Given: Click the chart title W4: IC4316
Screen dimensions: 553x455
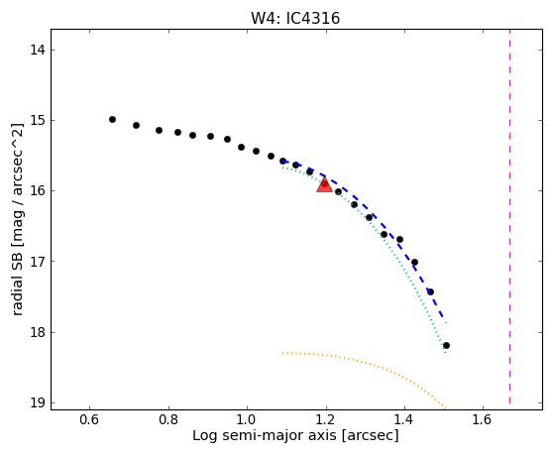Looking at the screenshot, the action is click(295, 19).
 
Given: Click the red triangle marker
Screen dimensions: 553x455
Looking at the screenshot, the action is click(324, 184).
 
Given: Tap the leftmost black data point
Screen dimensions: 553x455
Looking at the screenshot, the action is click(113, 120).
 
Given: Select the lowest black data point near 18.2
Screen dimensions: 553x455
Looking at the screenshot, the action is click(446, 345).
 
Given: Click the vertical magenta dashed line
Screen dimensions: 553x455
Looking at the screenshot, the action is click(510, 216).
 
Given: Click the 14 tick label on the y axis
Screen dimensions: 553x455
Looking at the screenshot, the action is click(38, 51).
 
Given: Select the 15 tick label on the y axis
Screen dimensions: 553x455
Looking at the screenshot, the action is click(38, 120).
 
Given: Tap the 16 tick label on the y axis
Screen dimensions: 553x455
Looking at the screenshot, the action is click(38, 190).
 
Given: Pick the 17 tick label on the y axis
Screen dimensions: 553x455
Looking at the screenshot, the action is click(38, 262).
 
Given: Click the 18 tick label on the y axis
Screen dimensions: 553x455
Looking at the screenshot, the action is click(38, 332).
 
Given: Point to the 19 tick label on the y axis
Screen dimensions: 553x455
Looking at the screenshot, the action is click(38, 402).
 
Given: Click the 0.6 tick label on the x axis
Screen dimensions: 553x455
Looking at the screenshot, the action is click(89, 419).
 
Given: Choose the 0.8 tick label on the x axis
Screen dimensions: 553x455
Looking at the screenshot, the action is click(168, 419).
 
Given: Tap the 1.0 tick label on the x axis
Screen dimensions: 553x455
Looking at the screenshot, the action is click(247, 419).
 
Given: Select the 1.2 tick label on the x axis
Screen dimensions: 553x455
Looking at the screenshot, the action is click(326, 419).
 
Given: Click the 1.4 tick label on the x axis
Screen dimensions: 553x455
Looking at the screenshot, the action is click(404, 419).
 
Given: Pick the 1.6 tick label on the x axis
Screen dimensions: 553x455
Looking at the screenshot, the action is click(483, 419).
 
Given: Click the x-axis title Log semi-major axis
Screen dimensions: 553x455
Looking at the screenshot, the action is click(265, 436).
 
